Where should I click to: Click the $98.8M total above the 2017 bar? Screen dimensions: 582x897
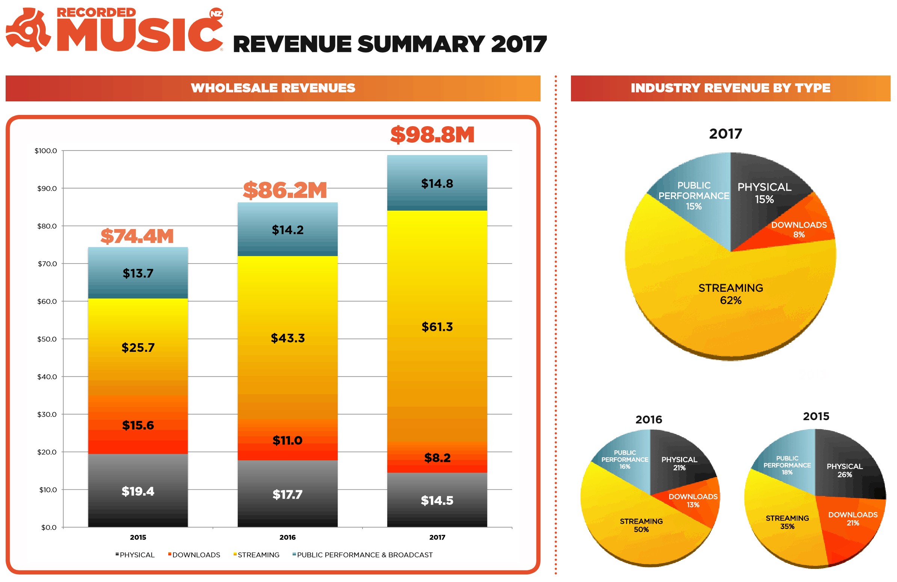point(432,135)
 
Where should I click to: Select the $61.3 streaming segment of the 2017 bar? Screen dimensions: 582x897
point(437,327)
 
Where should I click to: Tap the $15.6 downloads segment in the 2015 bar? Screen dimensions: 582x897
point(138,425)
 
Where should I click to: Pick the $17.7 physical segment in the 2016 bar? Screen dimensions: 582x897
point(287,494)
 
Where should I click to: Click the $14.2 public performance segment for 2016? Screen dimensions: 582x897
point(287,229)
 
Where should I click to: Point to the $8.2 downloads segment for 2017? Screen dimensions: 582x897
point(437,458)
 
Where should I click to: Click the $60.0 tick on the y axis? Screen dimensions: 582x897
point(47,302)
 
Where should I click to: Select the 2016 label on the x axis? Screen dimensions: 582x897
point(287,537)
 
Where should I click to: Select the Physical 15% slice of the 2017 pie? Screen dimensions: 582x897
point(764,193)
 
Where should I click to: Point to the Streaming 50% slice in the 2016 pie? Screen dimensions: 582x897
point(641,525)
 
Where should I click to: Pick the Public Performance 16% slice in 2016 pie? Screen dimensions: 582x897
point(625,459)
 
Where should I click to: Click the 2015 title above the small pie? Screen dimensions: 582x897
point(815,416)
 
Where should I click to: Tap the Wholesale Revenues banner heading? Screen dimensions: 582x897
point(273,88)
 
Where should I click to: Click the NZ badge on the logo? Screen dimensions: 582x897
point(216,14)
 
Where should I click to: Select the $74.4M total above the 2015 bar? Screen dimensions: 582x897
point(137,236)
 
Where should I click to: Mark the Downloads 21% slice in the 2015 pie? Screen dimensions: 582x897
point(853,519)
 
